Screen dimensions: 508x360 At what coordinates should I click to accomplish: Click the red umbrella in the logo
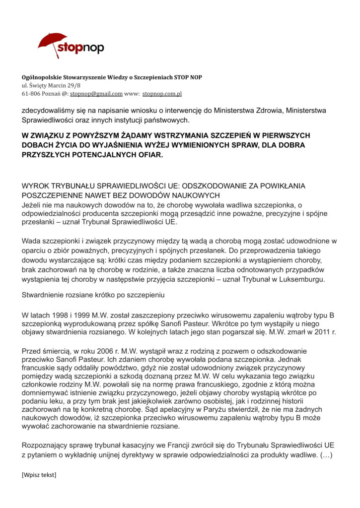(x=52, y=42)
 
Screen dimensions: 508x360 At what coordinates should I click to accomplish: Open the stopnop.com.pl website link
(x=162, y=93)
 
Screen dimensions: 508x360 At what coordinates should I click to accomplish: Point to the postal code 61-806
(x=30, y=93)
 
